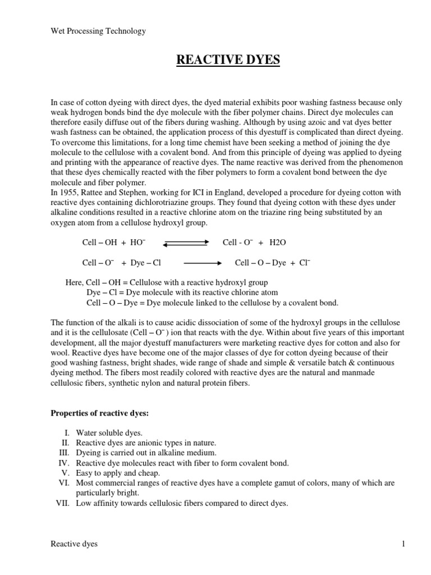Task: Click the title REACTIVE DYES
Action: click(x=228, y=60)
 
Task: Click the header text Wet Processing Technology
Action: click(x=98, y=31)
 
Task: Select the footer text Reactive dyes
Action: click(x=74, y=544)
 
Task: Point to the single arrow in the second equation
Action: click(x=203, y=262)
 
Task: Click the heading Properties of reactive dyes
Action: click(x=103, y=413)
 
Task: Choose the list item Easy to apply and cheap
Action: click(x=118, y=473)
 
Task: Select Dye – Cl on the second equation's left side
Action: click(x=145, y=262)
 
